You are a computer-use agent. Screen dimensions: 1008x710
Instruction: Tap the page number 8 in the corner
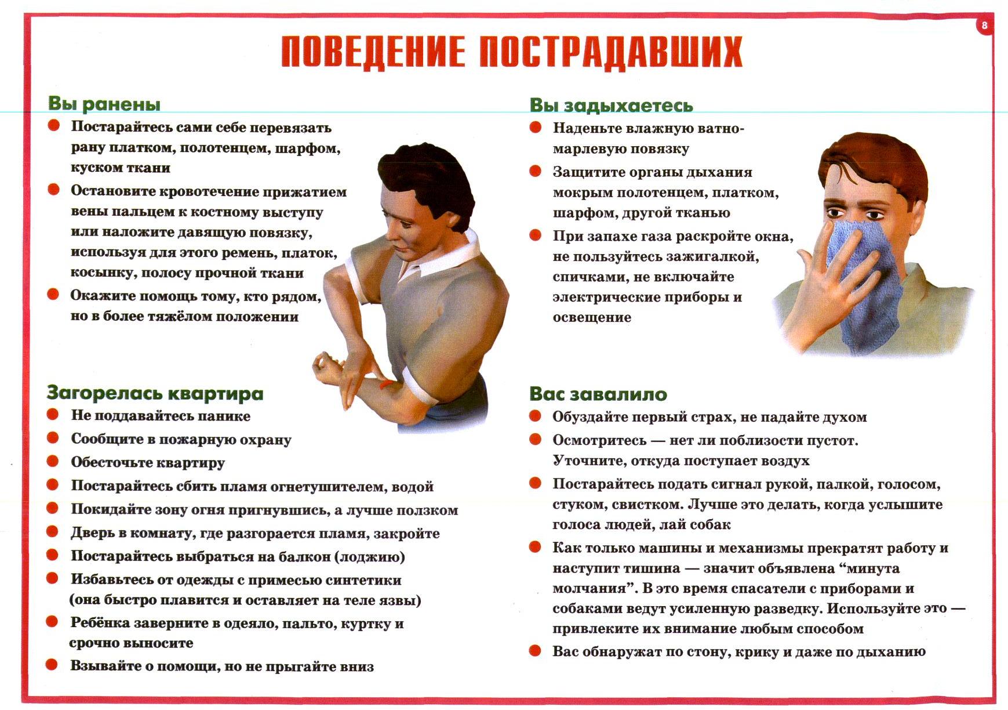coord(984,26)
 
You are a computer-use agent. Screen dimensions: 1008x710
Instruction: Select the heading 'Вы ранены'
coord(104,104)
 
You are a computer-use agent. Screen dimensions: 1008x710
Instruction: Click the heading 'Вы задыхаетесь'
coord(612,106)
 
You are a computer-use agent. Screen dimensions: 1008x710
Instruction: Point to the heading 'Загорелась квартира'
coord(155,393)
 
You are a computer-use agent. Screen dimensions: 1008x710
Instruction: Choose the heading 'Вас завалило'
coord(598,394)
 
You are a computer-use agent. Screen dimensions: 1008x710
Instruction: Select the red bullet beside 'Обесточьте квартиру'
coord(53,461)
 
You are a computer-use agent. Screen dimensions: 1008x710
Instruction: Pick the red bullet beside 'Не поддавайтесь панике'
coord(53,414)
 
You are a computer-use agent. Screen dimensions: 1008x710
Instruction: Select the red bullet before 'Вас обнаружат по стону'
coord(535,651)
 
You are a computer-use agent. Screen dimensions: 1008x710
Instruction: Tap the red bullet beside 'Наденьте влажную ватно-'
coord(536,127)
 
